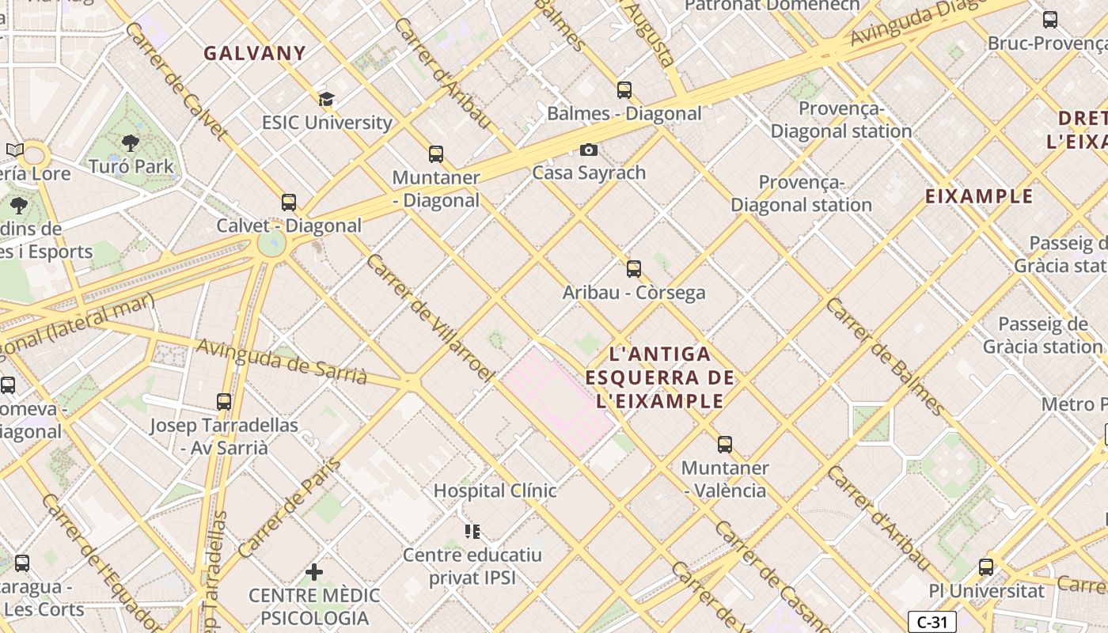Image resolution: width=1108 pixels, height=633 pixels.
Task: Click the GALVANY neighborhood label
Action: coord(254,54)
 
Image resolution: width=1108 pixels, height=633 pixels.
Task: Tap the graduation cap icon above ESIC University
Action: coord(326,100)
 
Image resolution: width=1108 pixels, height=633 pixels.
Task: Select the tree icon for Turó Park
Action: coord(131,143)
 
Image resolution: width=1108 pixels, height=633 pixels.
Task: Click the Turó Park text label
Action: coord(131,166)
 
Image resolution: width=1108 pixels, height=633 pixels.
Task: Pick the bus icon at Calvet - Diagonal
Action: coord(289,203)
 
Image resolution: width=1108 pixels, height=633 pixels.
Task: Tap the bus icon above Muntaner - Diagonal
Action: coord(435,154)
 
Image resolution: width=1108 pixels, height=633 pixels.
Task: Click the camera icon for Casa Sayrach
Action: coord(588,150)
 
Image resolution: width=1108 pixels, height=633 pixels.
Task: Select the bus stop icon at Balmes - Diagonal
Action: coord(624,90)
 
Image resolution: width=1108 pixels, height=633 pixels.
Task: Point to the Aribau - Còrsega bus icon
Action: coord(633,269)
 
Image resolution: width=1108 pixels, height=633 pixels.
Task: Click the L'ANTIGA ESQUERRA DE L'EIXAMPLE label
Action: coord(660,377)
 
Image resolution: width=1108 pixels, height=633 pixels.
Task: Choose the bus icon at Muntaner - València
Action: coord(724,445)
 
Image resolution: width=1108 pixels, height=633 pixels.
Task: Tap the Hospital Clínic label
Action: coord(495,491)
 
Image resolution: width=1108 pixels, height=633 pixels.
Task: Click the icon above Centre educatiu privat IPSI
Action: coord(472,532)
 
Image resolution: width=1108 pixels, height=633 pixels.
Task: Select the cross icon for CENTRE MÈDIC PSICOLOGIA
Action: coord(314,571)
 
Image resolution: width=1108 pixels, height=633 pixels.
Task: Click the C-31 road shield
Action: coord(932,622)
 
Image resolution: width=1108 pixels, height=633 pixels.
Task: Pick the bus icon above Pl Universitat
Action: coord(985,567)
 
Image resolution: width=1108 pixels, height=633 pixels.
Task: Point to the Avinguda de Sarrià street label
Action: coord(281,361)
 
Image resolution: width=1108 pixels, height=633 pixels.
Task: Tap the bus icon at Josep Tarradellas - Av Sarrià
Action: coord(224,402)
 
